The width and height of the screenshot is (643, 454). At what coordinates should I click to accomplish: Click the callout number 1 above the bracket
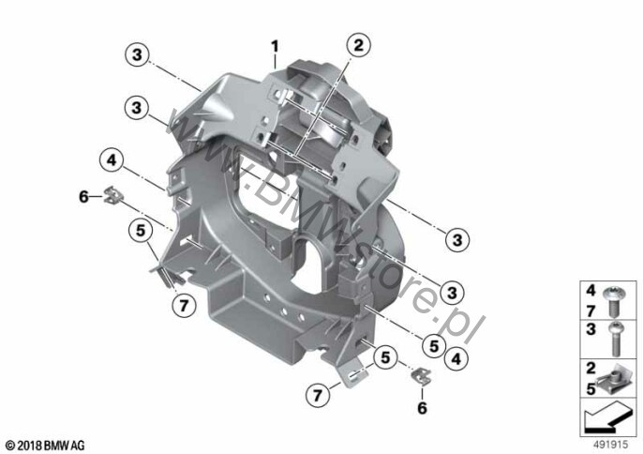click(x=275, y=46)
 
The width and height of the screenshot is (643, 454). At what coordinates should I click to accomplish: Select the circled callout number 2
click(x=358, y=45)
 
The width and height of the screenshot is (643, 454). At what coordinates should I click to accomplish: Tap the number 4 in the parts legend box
click(x=591, y=291)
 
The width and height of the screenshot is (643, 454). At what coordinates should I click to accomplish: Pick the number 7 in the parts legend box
click(x=591, y=310)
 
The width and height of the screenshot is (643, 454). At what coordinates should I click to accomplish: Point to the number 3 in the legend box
click(x=591, y=329)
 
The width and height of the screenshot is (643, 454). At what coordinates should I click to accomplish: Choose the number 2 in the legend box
click(x=591, y=369)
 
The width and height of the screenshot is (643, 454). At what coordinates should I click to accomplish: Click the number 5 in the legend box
click(x=591, y=388)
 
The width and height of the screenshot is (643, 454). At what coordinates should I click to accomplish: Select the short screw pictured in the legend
click(x=614, y=302)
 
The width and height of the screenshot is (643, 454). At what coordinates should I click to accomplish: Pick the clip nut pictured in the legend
click(x=613, y=381)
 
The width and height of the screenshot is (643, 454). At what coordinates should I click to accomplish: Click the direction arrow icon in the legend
click(x=608, y=417)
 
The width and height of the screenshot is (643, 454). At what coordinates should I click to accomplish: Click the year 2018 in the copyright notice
click(x=30, y=446)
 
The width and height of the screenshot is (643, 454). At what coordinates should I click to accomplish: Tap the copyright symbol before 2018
click(x=10, y=446)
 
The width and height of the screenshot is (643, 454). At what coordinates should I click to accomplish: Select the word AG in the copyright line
click(x=79, y=446)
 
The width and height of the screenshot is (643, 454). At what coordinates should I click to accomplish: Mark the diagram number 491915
click(x=611, y=445)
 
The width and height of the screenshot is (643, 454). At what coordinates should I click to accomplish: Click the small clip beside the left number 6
click(x=112, y=195)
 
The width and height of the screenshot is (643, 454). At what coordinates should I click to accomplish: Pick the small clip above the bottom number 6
click(x=421, y=376)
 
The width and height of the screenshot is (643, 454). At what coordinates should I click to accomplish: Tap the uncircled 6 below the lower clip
click(x=422, y=408)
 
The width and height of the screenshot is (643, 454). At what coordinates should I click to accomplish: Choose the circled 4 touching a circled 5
click(x=456, y=359)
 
